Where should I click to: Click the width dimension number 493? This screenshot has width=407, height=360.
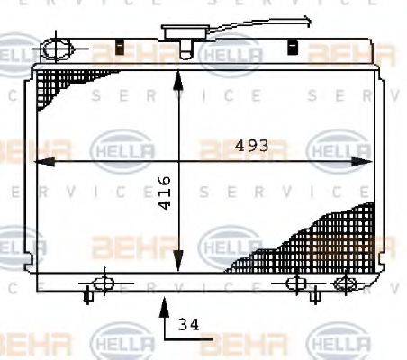(254, 144)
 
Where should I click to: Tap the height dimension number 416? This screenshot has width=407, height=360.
(164, 193)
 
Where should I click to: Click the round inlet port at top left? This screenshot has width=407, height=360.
(58, 46)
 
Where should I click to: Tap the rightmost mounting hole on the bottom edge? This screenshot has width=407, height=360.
(342, 283)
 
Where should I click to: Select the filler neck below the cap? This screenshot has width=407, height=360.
(185, 49)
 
